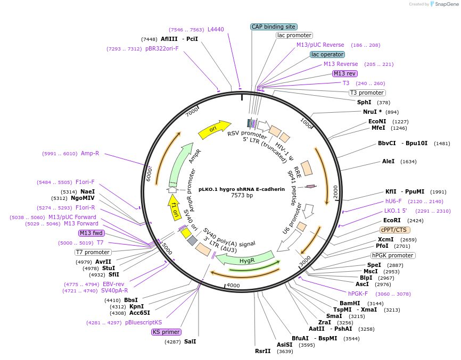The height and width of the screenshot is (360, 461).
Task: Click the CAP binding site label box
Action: tap(274, 27)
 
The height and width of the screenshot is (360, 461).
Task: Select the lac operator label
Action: tap(327, 54)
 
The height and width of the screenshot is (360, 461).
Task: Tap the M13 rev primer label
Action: tap(344, 73)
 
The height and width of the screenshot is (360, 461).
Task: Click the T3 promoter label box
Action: tap(367, 93)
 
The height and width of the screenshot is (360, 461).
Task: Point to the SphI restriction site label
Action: tap(364, 102)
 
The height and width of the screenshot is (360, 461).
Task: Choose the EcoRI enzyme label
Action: tap(392, 220)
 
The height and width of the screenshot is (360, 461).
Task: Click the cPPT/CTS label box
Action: tap(394, 230)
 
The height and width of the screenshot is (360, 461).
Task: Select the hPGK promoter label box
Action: tap(393, 255)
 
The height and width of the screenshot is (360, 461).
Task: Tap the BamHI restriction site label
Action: tap(350, 303)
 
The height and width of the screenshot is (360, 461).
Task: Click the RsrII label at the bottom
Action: tap(262, 351)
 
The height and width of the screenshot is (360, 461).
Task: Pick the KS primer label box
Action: tap(166, 332)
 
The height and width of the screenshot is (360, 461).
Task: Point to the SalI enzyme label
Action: tap(190, 341)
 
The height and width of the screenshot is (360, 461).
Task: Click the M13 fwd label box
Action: tap(91, 233)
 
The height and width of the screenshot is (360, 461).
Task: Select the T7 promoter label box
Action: tap(93, 252)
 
